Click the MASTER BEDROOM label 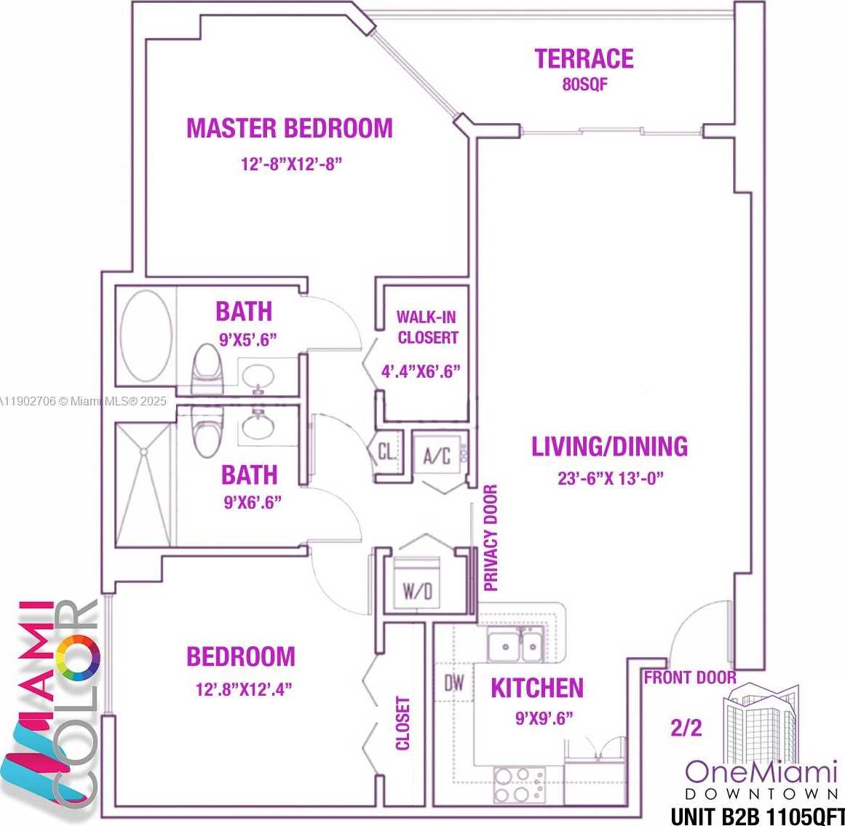point(290,128)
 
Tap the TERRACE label point(584,59)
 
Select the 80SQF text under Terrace point(584,84)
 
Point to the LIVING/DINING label point(609,446)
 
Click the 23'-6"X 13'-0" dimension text point(610,478)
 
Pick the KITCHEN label point(537,688)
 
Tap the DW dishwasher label point(454,683)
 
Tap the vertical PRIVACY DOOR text point(491,538)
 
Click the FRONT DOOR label point(689,678)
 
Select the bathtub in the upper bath point(146,335)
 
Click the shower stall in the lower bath point(145,484)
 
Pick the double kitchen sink point(515,646)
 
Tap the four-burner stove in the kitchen point(519,785)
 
